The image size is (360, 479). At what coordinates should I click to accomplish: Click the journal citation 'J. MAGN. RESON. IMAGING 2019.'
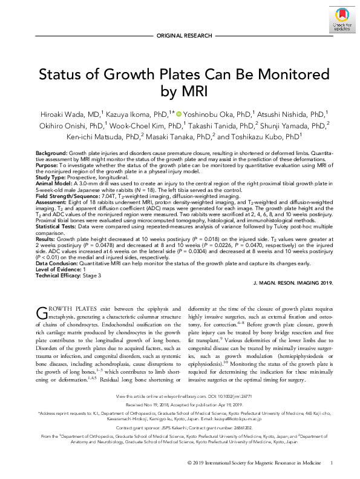pos(284,283)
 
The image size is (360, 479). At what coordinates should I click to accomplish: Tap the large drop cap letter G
pos(43,314)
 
